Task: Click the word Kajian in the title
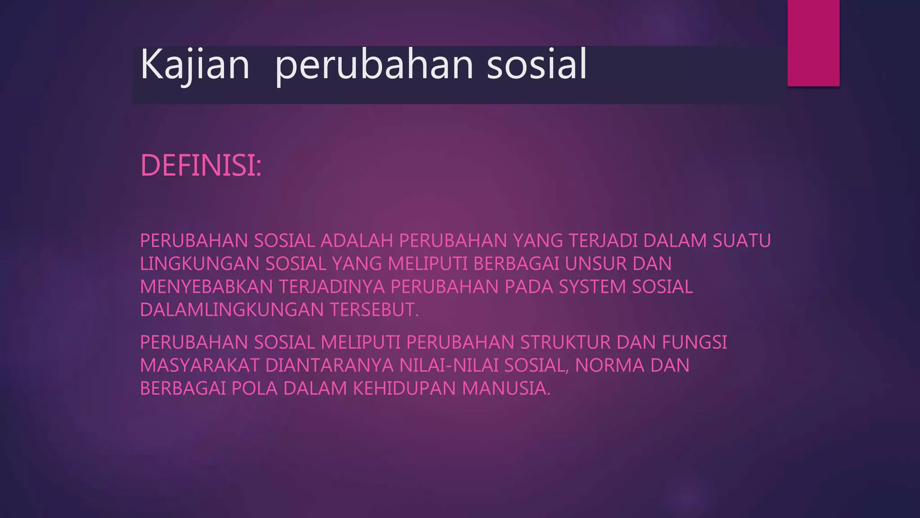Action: coord(195,65)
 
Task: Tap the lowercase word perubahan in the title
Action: coord(374,65)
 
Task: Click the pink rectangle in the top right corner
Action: coord(813,43)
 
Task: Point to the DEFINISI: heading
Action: coord(200,165)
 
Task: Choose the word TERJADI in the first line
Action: coord(603,241)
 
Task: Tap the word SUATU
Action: coord(742,241)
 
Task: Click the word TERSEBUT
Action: coord(374,310)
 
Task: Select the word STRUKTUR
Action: coord(565,343)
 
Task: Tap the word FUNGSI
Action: coord(694,343)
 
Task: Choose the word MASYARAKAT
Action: coord(200,366)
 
